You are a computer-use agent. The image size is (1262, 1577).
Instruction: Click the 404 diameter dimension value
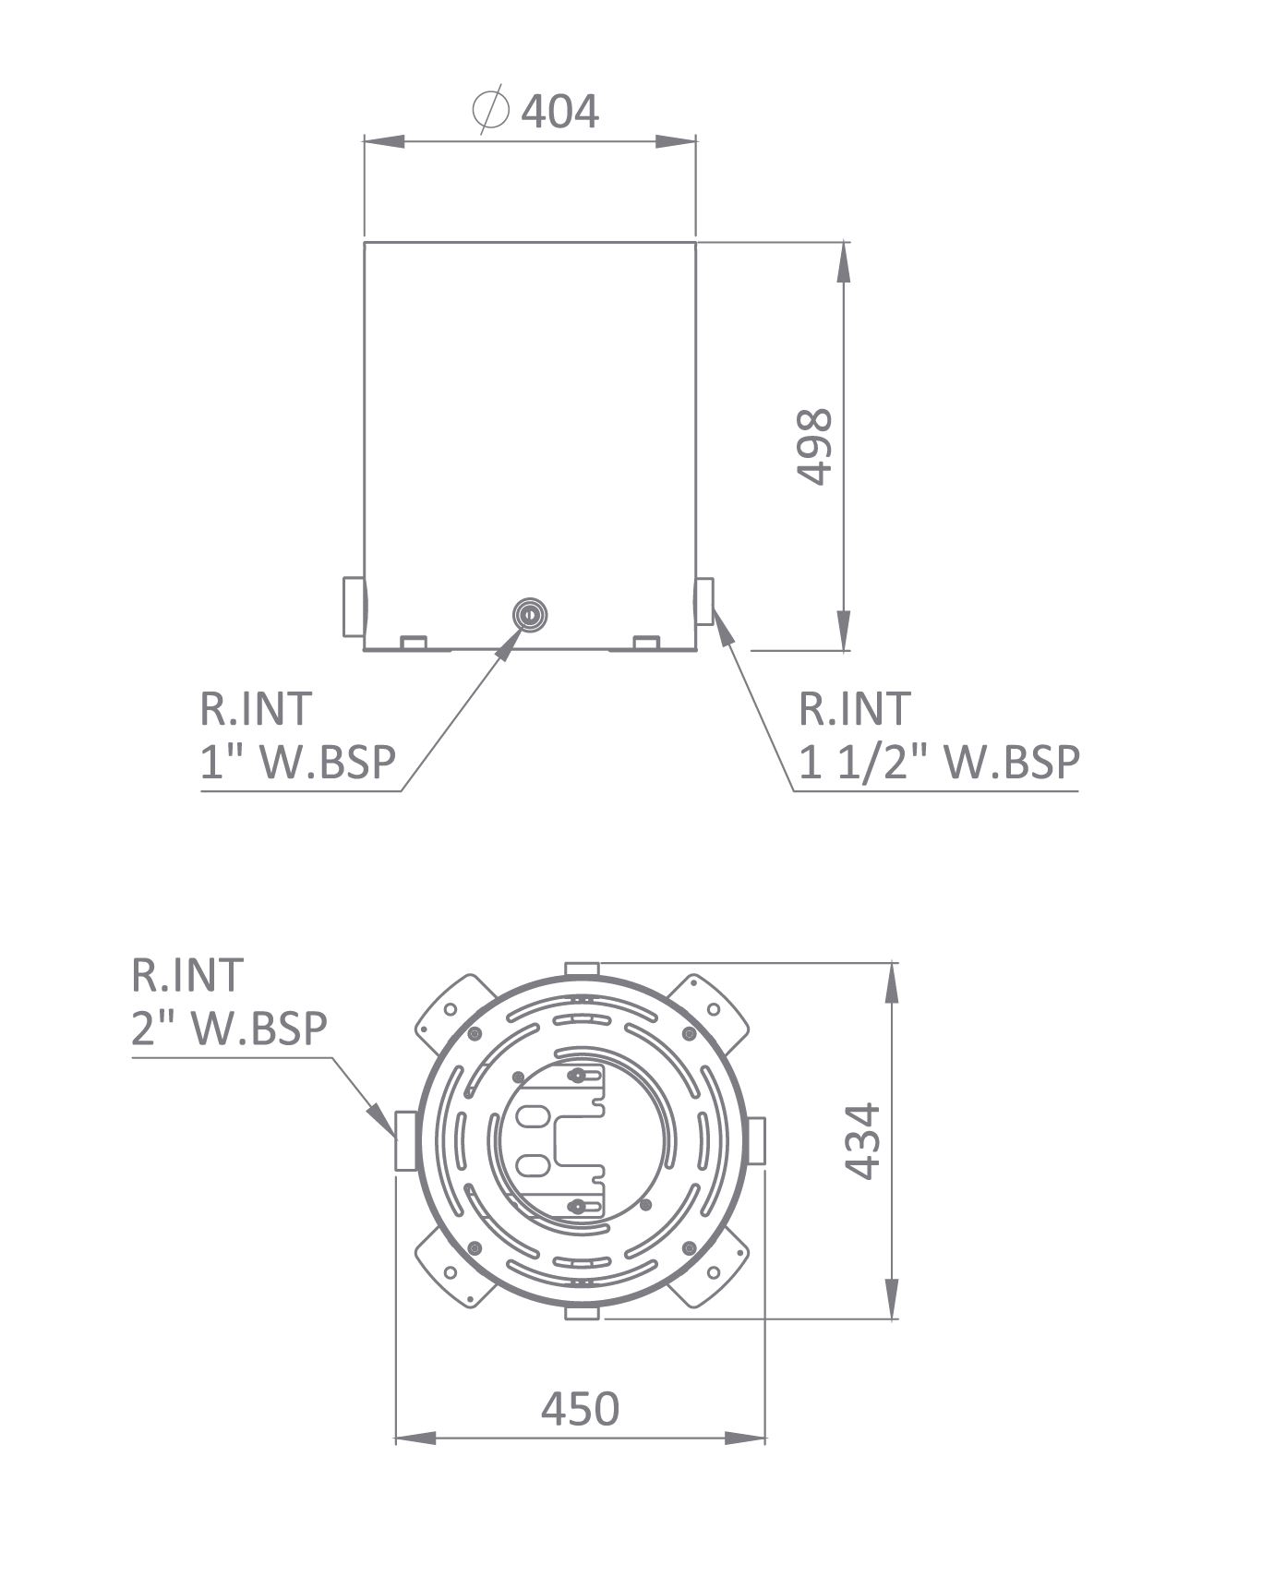(x=560, y=111)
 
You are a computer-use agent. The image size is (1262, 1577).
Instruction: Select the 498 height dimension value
(x=814, y=447)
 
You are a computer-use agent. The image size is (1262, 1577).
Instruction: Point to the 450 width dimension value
(x=581, y=1409)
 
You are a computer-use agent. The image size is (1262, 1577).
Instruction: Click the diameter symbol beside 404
(x=490, y=110)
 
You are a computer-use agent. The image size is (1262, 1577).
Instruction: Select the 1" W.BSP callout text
(x=298, y=763)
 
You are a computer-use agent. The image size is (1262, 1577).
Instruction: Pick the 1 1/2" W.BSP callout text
(x=939, y=763)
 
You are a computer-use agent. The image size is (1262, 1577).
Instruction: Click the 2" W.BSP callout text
(x=229, y=1029)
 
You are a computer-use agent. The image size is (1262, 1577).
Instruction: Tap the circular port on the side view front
(x=530, y=613)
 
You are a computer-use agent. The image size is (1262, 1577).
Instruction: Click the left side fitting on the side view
(x=354, y=607)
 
